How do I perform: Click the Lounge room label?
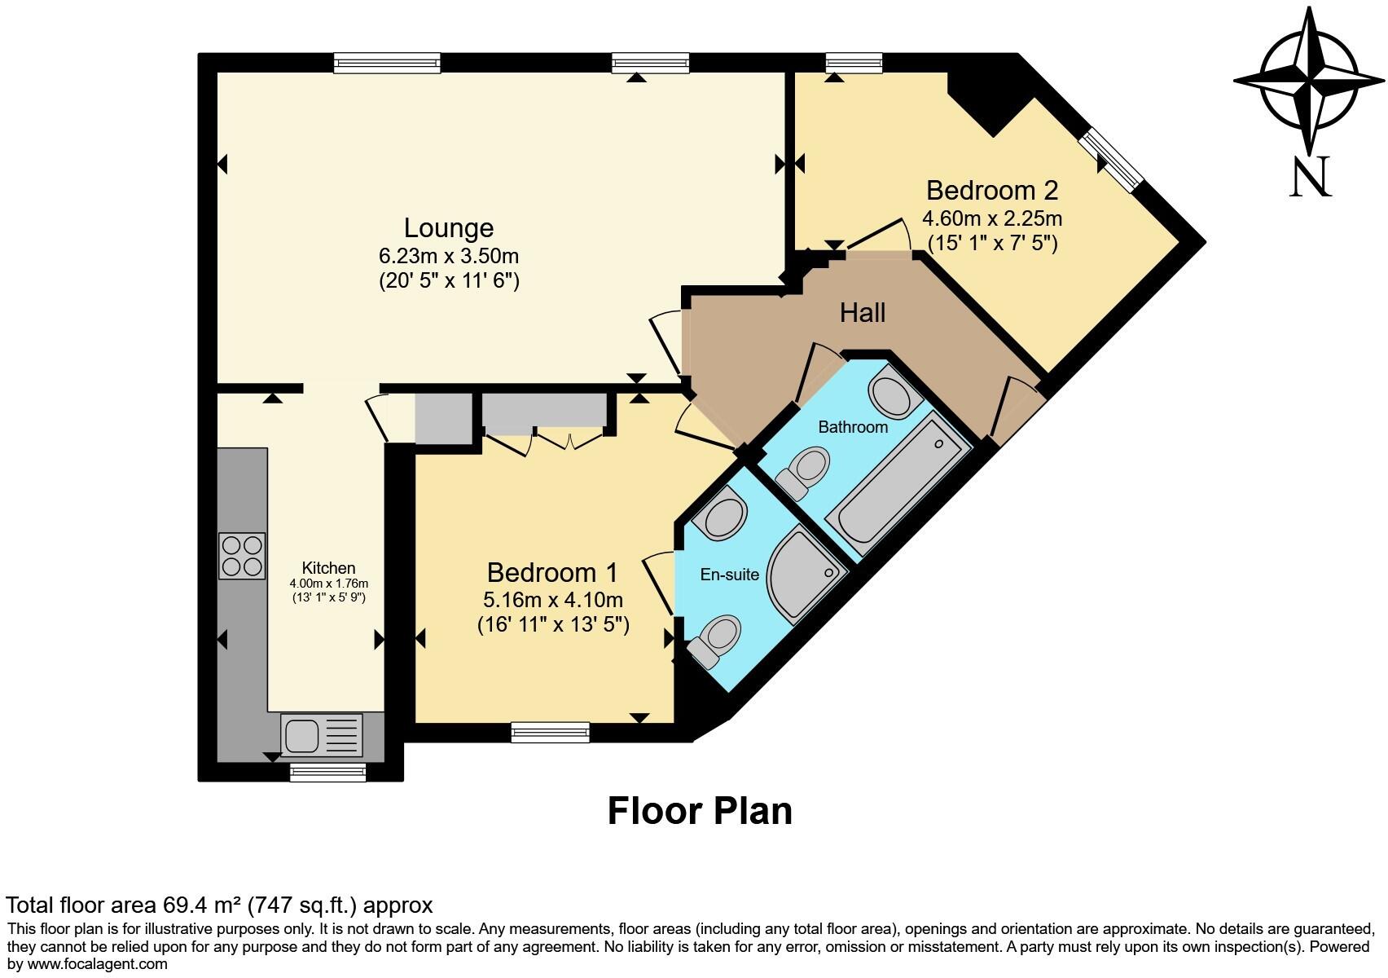449,228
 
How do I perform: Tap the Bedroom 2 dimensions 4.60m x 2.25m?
991,219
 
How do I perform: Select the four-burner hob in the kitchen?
242,556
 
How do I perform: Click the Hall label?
862,313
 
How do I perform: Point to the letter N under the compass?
1310,177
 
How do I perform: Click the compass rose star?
1309,81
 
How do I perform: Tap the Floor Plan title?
700,812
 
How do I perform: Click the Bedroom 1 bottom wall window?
550,732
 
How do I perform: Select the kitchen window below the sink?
328,772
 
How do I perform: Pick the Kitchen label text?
328,568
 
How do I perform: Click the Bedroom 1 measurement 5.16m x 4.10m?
552,601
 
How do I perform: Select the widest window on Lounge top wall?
387,63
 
